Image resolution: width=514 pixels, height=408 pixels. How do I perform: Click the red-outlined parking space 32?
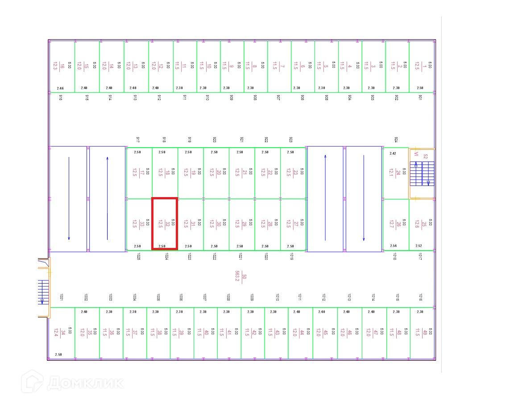pyautogui.click(x=165, y=223)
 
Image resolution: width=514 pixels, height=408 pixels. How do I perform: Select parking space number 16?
pyautogui.click(x=62, y=67)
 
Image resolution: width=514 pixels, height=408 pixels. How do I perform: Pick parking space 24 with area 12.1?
pyautogui.click(x=395, y=173)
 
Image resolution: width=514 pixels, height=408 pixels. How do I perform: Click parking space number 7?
pyautogui.click(x=279, y=67)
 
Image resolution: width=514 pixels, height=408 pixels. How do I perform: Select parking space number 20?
pyautogui.click(x=216, y=173)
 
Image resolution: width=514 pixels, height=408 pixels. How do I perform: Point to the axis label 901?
pyautogui.click(x=420, y=97)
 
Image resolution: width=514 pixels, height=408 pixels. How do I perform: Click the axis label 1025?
pyautogui.click(x=139, y=256)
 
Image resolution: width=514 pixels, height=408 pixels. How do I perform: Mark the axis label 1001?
pyautogui.click(x=61, y=297)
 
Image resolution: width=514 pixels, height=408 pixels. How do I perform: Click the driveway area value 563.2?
pyautogui.click(x=238, y=276)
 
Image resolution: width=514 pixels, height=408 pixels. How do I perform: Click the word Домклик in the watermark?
pyautogui.click(x=85, y=383)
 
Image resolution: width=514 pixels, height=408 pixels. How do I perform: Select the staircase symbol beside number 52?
pyautogui.click(x=422, y=173)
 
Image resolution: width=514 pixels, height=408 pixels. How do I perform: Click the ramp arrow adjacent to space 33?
pyautogui.click(x=107, y=198)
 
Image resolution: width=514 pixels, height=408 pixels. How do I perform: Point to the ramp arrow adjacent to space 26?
pyautogui.click(x=364, y=198)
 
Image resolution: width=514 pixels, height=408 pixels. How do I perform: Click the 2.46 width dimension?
pyautogui.click(x=61, y=88)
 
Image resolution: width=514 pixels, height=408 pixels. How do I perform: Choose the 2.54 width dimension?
pyautogui.click(x=393, y=246)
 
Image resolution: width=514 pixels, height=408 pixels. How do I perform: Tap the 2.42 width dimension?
pyautogui.click(x=393, y=153)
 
